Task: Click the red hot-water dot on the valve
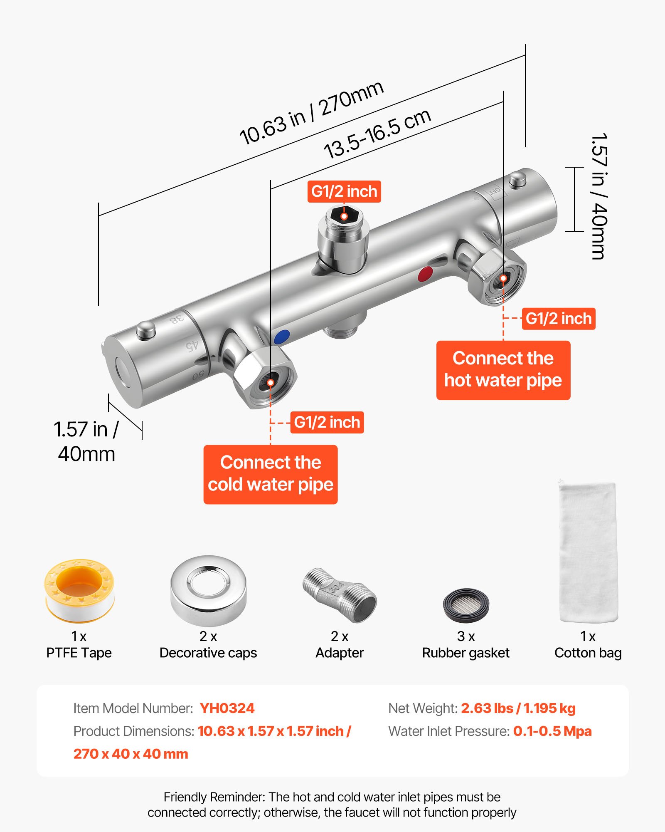coord(425,274)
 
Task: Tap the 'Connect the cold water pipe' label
coord(271,474)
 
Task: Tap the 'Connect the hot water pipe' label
coord(503,370)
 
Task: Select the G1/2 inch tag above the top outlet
coord(344,192)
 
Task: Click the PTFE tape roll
coord(79,591)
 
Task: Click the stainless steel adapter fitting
coord(340,595)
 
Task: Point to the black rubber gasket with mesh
coord(465,605)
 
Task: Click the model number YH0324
coord(227,708)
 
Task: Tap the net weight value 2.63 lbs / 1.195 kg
coord(518,708)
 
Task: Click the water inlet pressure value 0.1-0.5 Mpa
coord(552,731)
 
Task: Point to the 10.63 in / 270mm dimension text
coord(312,112)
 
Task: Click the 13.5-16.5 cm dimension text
coord(377,134)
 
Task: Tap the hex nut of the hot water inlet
coord(497,277)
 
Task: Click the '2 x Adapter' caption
coord(340,644)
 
